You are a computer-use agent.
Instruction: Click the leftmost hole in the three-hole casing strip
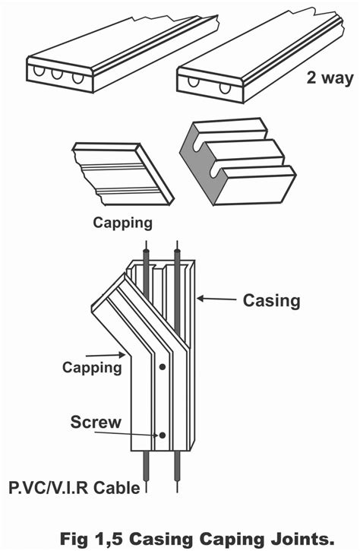(38, 73)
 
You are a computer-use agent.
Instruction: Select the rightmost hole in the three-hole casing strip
(77, 78)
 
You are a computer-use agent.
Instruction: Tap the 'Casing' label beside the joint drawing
(271, 301)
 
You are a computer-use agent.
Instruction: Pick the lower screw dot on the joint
(162, 435)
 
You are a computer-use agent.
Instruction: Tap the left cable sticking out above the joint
(144, 255)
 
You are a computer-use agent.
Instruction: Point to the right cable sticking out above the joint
(178, 255)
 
